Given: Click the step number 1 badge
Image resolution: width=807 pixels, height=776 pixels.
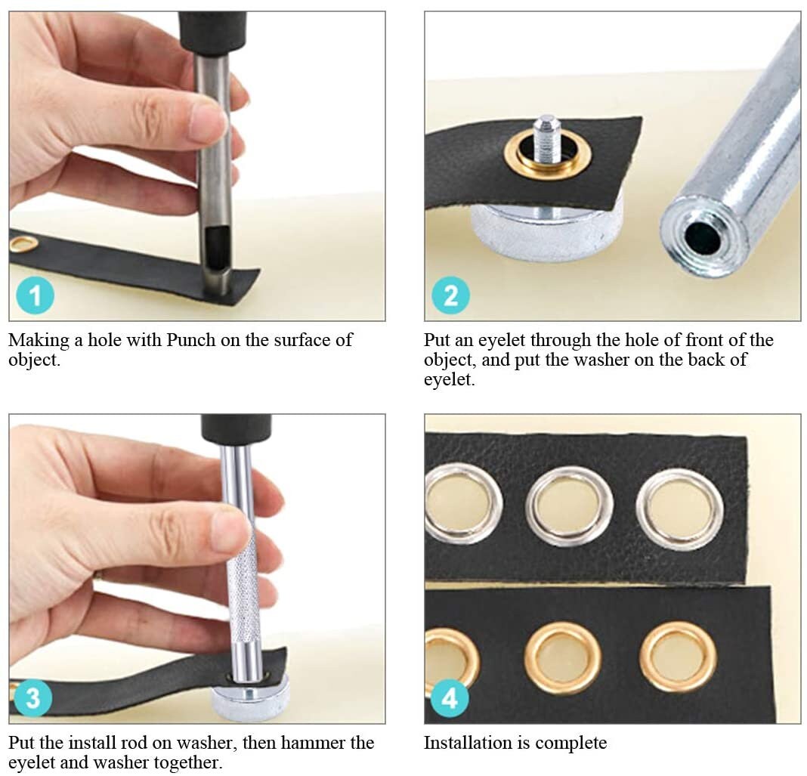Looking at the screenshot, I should click(35, 295).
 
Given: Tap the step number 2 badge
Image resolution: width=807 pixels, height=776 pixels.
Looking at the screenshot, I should click(450, 295).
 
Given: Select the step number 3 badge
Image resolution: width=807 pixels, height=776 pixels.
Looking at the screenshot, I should click(33, 699).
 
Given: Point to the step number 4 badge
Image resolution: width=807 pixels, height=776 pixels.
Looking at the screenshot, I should click(450, 699).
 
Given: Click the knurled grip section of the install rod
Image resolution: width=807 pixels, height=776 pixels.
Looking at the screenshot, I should click(244, 589).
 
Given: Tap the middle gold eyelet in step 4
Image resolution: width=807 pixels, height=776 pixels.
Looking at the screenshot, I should click(563, 658).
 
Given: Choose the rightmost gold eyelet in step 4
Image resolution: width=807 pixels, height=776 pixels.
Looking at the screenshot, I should click(678, 657).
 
